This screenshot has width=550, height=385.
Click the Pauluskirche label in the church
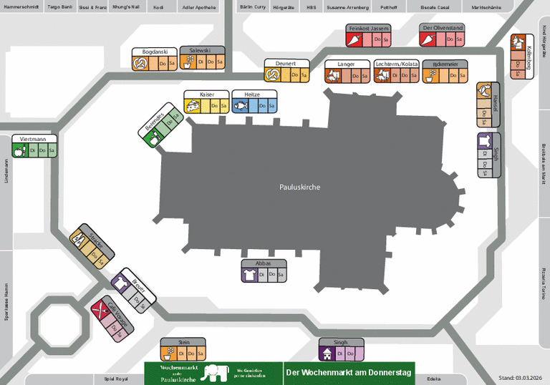[x=299, y=187]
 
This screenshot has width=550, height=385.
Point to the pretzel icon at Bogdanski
[x=141, y=64]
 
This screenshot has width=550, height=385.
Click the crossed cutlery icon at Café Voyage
[x=100, y=311]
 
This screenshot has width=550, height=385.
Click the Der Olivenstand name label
[x=443, y=27]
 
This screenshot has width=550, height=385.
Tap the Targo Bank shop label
[x=59, y=6]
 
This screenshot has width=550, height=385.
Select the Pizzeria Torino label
[x=544, y=284]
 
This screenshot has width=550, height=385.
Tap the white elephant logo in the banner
[x=214, y=372]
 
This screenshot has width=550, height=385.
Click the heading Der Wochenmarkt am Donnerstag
[x=349, y=373]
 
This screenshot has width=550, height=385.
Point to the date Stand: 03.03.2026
[x=522, y=378]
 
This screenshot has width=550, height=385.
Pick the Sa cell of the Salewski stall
[x=220, y=62]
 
